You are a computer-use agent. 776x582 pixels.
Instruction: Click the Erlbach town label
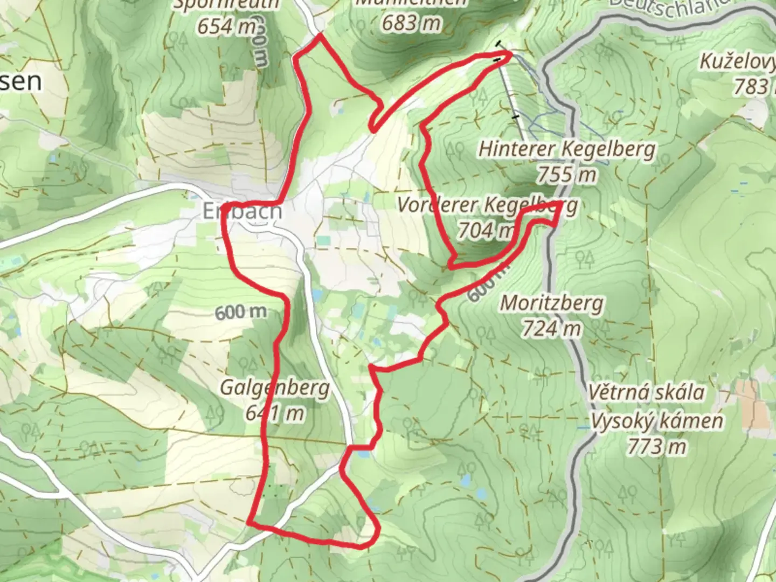point(242,211)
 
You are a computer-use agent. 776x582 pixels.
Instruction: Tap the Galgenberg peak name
point(275,388)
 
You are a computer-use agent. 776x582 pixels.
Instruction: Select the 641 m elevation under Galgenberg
point(275,413)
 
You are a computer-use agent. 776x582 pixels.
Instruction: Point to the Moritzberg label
point(552,303)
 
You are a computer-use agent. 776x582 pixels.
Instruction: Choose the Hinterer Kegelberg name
point(567,149)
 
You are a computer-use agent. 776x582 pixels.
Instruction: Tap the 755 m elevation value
point(567,175)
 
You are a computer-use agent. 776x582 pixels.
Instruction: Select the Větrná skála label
point(646,392)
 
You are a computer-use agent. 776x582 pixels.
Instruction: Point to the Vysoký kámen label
point(657,420)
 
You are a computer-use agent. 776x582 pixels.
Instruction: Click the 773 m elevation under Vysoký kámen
point(657,446)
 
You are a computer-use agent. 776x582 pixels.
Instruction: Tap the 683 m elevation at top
point(412,23)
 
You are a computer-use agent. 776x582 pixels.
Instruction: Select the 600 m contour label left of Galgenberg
point(241,312)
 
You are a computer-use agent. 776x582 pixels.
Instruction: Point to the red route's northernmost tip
point(320,34)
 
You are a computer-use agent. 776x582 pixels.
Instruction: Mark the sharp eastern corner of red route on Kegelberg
point(560,204)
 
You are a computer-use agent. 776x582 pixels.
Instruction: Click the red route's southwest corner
point(250,522)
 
